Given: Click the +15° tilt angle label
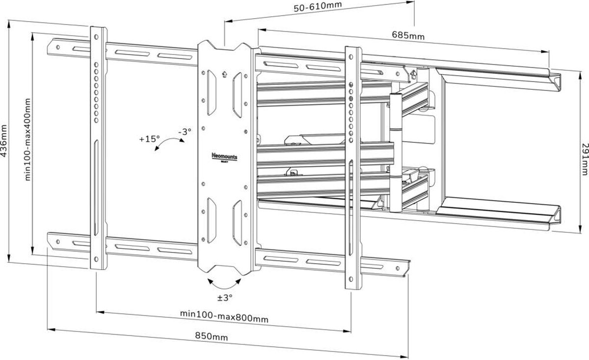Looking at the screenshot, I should point(149,139).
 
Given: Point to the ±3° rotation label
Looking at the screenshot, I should point(224,297).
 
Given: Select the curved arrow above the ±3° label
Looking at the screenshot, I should point(224,284).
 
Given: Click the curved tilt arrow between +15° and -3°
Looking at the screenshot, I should point(169,143).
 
